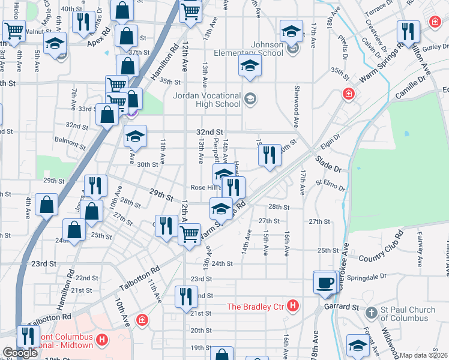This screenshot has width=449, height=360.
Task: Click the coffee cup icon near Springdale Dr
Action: tap(325, 283)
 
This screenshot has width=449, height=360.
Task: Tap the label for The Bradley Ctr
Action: tap(256, 307)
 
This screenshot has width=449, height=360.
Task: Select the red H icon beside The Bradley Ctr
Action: tap(292, 307)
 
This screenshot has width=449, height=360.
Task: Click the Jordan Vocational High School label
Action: tap(206, 101)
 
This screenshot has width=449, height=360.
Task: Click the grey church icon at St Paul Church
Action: tap(372, 313)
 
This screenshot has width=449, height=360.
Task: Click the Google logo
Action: tap(20, 353)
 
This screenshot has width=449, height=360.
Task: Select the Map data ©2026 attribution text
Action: tap(424, 355)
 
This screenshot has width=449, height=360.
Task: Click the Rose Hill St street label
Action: tap(204, 187)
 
